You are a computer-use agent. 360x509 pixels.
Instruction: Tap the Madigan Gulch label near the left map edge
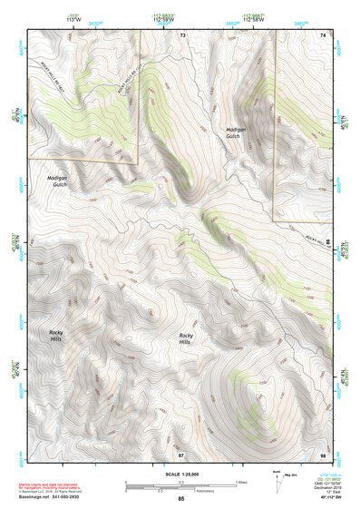(x=56, y=180)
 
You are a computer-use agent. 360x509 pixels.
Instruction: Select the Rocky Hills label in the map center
(x=186, y=338)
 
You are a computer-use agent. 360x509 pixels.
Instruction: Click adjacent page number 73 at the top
(x=181, y=34)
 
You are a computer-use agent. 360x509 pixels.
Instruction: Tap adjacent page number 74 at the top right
(x=322, y=34)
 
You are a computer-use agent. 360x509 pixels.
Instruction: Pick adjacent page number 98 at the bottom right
(x=322, y=453)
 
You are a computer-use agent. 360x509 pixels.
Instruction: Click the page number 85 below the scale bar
(x=180, y=499)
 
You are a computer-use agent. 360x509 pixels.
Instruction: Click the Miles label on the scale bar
(x=241, y=481)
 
